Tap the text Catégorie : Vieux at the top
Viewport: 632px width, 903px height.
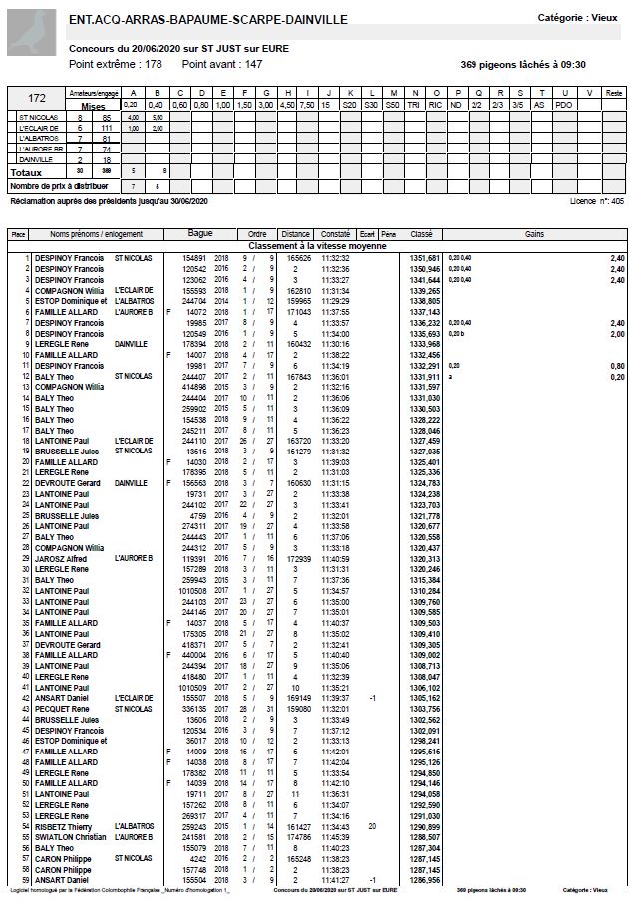tap(577, 18)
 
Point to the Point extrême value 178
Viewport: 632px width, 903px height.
tap(153, 64)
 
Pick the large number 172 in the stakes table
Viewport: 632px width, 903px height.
tap(37, 98)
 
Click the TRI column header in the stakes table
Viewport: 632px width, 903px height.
tap(413, 104)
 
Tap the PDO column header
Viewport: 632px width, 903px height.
tap(563, 104)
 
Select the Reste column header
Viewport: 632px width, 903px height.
tap(614, 93)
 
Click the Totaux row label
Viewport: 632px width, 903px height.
tap(27, 171)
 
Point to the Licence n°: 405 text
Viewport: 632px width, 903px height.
tap(596, 200)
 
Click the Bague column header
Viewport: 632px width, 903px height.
tap(200, 234)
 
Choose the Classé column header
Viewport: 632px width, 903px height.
tap(421, 234)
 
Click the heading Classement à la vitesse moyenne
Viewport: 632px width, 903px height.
tap(316, 245)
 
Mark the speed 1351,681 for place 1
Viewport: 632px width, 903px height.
tap(425, 257)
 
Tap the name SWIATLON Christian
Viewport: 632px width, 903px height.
tap(69, 837)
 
